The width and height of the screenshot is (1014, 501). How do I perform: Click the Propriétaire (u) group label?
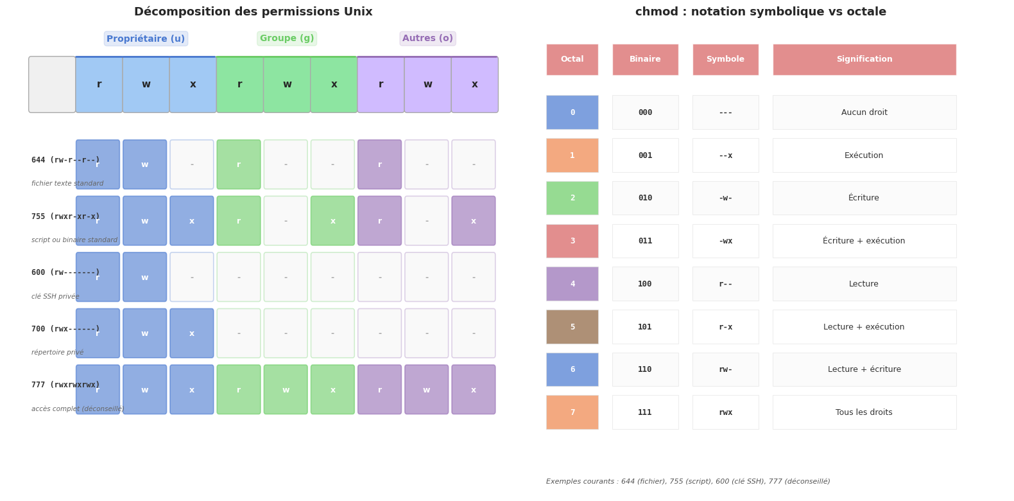tap(146, 39)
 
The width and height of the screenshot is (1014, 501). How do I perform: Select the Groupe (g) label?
tap(287, 39)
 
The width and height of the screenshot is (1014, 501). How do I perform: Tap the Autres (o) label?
tap(427, 39)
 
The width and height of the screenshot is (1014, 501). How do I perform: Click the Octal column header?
tap(572, 60)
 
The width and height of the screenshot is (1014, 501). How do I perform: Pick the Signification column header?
tap(864, 60)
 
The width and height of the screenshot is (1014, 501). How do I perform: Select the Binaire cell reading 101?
tap(645, 327)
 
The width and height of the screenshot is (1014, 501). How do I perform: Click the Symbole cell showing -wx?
tap(725, 241)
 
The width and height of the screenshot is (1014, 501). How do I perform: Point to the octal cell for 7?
tap(572, 412)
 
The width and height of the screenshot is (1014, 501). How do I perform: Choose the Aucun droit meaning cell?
tap(864, 112)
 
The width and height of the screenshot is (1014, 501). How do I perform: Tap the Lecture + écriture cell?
tap(864, 369)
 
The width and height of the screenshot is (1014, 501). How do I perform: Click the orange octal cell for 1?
tap(572, 155)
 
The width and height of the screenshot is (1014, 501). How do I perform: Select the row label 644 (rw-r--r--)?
tap(65, 160)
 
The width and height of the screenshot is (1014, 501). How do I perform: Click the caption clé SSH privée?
tap(55, 297)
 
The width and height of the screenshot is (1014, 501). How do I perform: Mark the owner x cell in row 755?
tap(192, 221)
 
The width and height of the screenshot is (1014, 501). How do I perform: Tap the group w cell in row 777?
tap(286, 390)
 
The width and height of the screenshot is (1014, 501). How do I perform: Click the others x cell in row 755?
tap(474, 221)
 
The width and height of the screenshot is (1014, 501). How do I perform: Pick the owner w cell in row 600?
tap(145, 277)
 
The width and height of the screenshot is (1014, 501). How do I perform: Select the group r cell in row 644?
tap(239, 164)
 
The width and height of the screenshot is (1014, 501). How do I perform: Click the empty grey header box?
tap(52, 85)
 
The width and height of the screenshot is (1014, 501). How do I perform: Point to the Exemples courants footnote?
tap(688, 481)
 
